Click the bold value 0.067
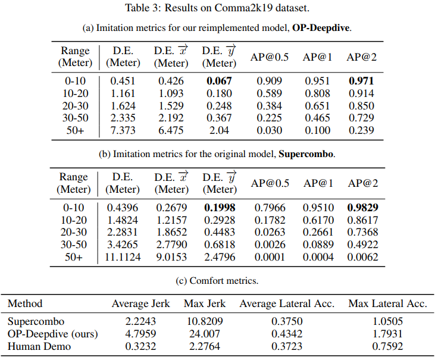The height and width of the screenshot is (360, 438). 219,81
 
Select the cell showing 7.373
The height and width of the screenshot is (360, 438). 123,130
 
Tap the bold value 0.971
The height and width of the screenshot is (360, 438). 361,81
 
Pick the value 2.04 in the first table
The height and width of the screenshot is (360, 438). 219,130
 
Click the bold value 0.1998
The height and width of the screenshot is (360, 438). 220,208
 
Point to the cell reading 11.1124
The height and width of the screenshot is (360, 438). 123,257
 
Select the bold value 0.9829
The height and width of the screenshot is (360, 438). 362,208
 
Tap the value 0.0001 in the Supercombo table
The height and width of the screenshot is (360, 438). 270,257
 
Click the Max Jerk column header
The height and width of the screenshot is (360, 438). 205,303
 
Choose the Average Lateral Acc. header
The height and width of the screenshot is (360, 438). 287,303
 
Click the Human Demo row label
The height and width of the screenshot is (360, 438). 39,346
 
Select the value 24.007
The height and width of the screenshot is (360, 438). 205,334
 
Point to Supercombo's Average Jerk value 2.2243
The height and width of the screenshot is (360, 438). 140,321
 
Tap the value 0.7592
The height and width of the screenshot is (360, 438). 387,346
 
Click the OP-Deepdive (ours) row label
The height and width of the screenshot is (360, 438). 52,334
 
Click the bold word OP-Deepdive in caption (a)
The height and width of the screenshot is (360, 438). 321,28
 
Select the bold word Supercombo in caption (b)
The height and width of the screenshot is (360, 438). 306,154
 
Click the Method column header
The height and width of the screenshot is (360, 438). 25,303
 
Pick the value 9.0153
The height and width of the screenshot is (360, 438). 171,257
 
